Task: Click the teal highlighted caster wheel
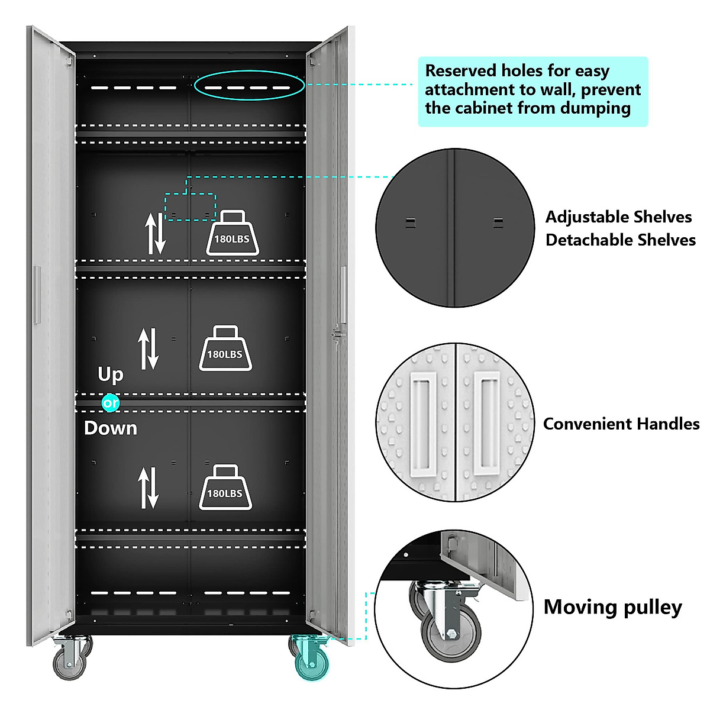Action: [x=311, y=660]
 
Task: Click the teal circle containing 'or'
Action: [x=111, y=403]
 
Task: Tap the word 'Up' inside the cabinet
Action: [x=111, y=375]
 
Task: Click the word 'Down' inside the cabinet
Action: [x=111, y=428]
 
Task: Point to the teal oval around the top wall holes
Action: [x=249, y=86]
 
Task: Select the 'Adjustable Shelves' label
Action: [x=618, y=217]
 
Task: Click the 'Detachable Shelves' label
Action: [x=620, y=240]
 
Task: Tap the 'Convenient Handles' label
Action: [x=621, y=424]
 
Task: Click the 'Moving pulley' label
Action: [x=612, y=608]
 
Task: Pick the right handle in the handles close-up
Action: [x=486, y=422]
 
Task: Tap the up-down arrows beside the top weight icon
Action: [x=156, y=234]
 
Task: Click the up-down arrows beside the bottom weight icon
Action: [x=148, y=488]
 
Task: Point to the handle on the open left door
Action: [x=37, y=295]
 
